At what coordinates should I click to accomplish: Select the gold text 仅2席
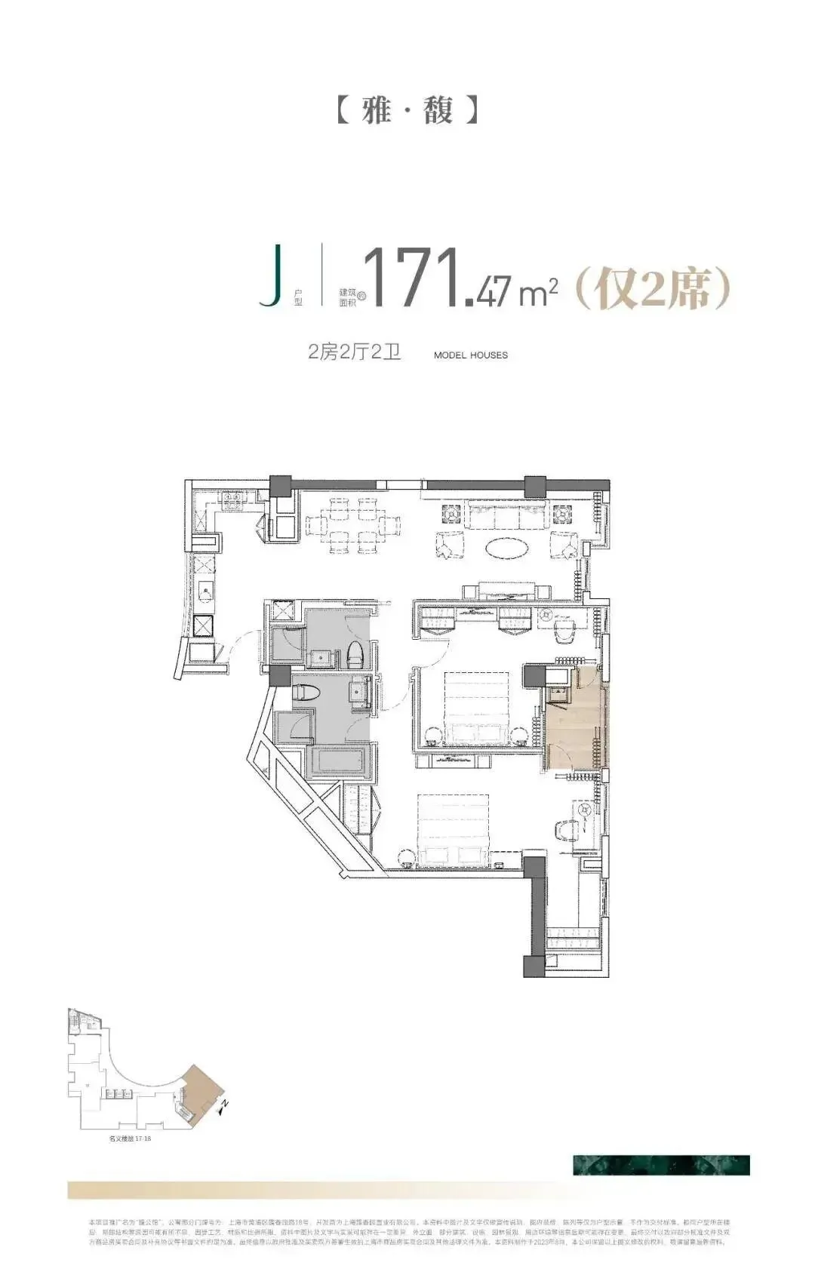pos(654,288)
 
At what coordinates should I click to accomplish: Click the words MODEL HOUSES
pos(471,355)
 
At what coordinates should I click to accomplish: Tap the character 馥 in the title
pos(438,110)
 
